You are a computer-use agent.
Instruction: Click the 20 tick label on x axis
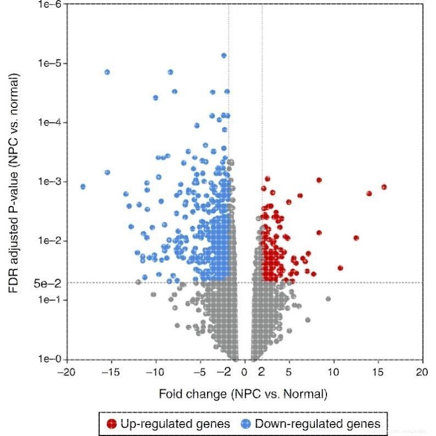(x=422, y=372)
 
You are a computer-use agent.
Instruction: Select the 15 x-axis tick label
(x=378, y=372)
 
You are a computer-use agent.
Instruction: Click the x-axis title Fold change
(x=243, y=394)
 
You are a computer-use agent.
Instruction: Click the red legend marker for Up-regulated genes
(x=112, y=423)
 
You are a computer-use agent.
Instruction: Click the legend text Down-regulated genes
(x=318, y=423)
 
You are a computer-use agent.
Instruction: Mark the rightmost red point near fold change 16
(x=384, y=187)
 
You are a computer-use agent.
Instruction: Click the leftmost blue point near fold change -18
(x=83, y=187)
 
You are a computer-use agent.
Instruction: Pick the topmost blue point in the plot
(x=224, y=56)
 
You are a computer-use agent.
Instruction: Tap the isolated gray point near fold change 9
(x=328, y=299)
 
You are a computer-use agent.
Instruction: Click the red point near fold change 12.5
(x=356, y=238)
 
